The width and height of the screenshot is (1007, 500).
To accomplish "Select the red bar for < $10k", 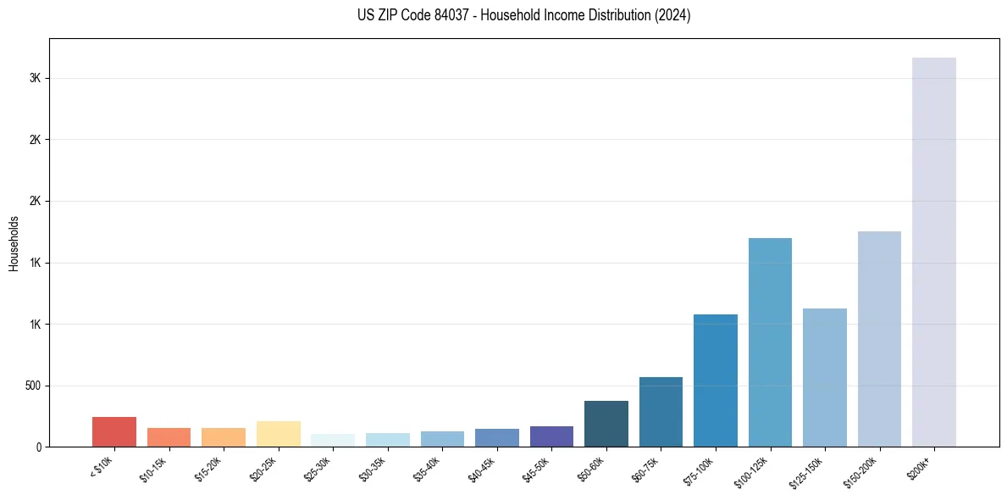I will (x=114, y=431).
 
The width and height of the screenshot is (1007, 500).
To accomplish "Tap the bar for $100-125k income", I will (x=770, y=342).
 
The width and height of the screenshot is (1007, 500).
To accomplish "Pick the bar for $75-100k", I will (x=715, y=381).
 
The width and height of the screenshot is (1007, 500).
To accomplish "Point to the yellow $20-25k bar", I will (x=278, y=434).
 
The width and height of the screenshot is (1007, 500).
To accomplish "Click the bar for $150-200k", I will (x=879, y=339).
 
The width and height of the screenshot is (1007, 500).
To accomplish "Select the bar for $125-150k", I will (x=824, y=377).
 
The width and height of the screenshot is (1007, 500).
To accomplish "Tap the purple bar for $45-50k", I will (x=551, y=436).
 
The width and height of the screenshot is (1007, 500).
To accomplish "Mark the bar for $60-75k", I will (x=661, y=412).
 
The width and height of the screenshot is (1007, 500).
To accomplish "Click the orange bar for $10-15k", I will (x=169, y=437).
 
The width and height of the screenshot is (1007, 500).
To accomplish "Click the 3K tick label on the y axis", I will (x=36, y=78).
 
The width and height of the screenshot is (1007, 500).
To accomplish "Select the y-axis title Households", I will (x=14, y=243).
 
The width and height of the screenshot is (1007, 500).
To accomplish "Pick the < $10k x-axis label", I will (x=102, y=469).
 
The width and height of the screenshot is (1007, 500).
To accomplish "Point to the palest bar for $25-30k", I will (x=333, y=440).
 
